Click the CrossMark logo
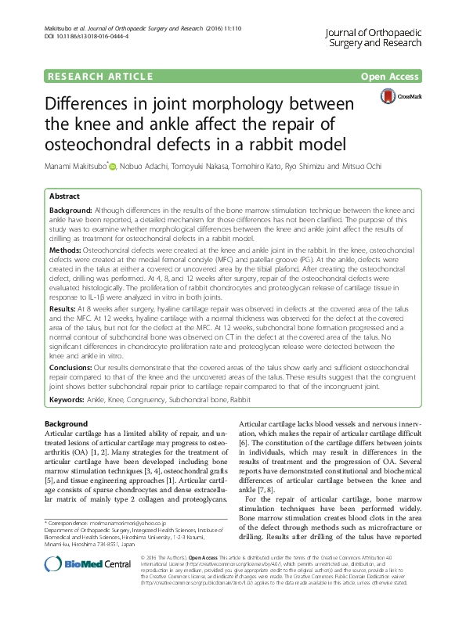click(x=400, y=96)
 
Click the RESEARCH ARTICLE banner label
click(x=99, y=76)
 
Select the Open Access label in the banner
click(x=391, y=76)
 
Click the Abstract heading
click(x=64, y=196)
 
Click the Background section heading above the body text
click(x=66, y=423)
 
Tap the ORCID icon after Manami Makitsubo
click(x=113, y=167)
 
